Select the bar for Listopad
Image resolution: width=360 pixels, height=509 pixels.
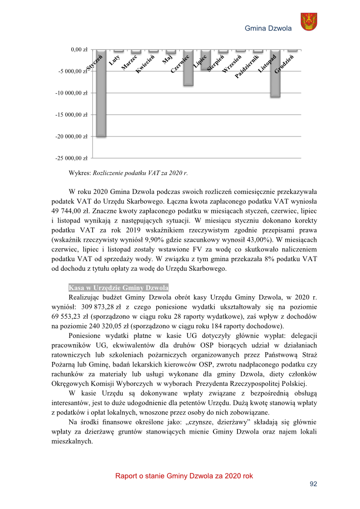(275, 74)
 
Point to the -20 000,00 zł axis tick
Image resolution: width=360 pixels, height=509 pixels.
(72, 136)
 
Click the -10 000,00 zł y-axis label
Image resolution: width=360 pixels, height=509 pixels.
(72, 93)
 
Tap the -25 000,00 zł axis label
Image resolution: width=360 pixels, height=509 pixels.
(72, 158)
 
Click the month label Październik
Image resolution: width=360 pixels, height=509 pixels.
(247, 66)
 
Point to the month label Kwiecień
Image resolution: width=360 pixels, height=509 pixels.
(145, 64)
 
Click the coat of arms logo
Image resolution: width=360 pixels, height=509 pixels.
(309, 22)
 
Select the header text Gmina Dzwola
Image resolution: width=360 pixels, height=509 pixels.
(268, 29)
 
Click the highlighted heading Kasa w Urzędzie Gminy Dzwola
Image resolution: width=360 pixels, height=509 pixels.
(118, 288)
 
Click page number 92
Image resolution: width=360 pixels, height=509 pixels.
(314, 484)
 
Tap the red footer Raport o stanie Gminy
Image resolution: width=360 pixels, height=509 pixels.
(184, 476)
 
